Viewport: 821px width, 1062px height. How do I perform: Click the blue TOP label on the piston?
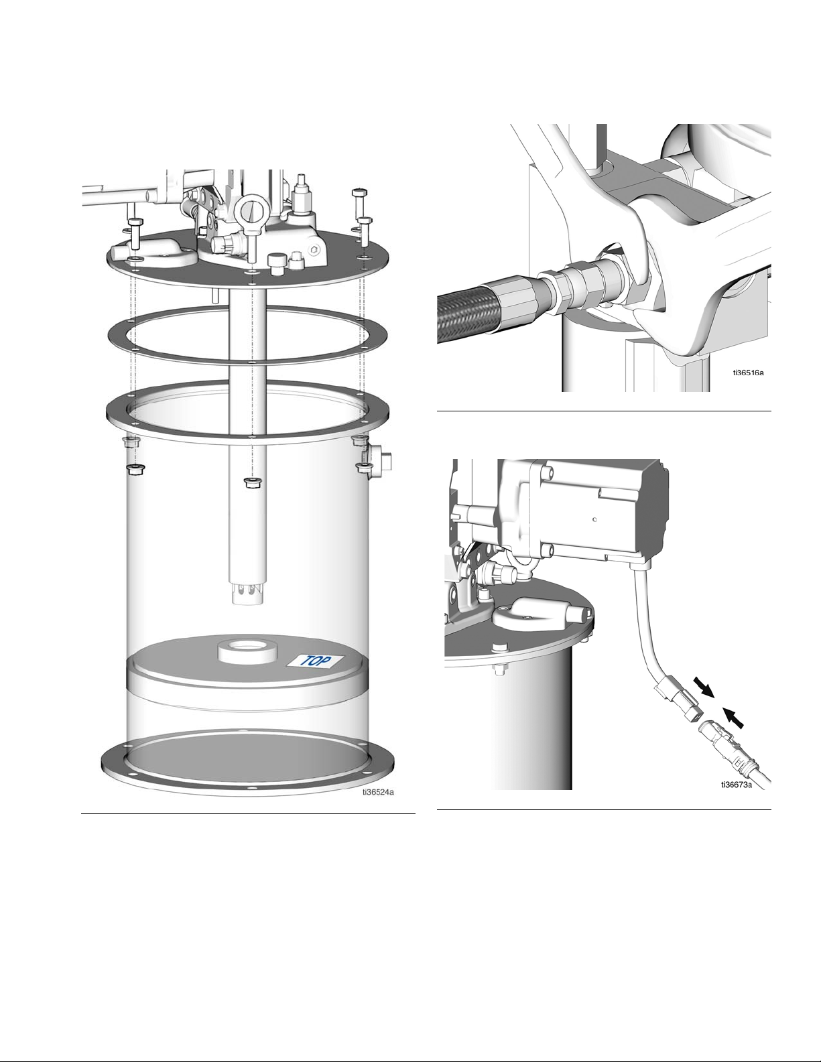(x=315, y=661)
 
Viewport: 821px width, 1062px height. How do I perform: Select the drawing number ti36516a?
(x=748, y=373)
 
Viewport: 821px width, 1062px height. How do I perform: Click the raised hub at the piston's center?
(x=247, y=652)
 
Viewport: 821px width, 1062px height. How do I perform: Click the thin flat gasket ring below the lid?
(x=248, y=335)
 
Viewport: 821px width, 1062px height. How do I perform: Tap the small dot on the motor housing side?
(x=594, y=519)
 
